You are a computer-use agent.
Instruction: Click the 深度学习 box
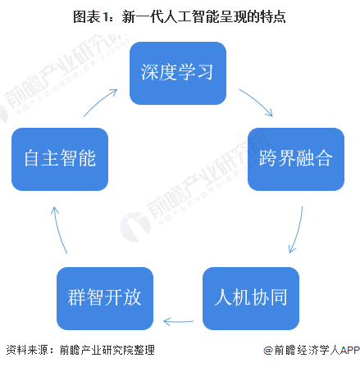tap(178, 73)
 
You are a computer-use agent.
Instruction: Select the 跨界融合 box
tap(296, 159)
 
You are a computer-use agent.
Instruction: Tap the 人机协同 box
tap(251, 298)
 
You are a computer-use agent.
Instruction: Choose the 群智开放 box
tap(105, 298)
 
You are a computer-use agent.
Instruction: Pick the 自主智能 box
tap(60, 159)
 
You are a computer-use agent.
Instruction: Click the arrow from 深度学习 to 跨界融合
tap(257, 101)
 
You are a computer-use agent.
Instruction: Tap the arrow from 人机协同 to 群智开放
tap(178, 322)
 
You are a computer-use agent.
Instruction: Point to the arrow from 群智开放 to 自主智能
tap(58, 229)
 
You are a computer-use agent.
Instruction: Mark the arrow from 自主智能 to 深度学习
tap(99, 102)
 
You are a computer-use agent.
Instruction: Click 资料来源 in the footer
tap(27, 350)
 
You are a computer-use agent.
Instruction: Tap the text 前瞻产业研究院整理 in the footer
tap(107, 350)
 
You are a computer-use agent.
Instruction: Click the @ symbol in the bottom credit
tap(268, 350)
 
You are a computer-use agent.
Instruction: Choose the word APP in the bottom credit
tap(349, 350)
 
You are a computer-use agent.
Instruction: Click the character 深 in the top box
tap(149, 72)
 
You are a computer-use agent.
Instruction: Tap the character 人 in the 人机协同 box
tap(223, 297)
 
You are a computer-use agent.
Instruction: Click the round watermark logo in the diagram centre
tap(136, 227)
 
